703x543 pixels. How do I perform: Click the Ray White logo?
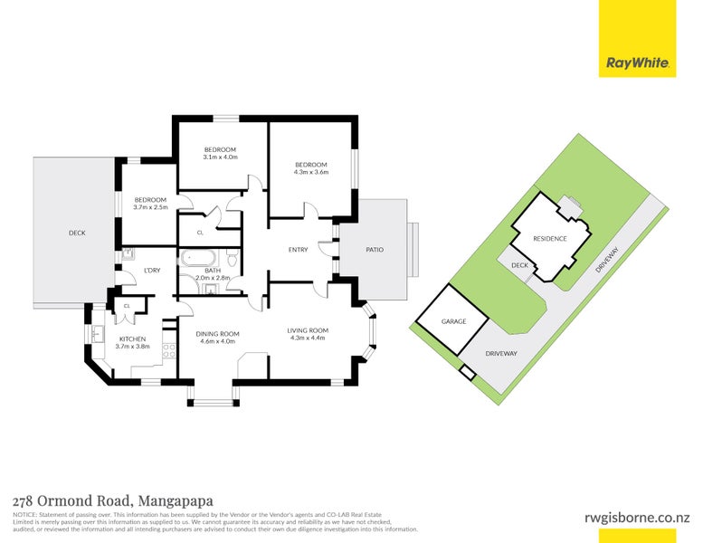click(x=637, y=63)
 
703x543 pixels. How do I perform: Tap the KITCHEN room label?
click(x=132, y=339)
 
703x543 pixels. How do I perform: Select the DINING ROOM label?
click(x=217, y=334)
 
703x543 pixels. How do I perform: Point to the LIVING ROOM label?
click(x=308, y=330)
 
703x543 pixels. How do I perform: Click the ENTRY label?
click(x=298, y=250)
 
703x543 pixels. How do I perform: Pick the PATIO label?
click(x=374, y=249)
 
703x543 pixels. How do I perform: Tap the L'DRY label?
click(x=152, y=270)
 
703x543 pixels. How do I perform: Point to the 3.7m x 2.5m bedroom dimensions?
click(x=151, y=207)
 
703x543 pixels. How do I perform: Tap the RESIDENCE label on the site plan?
click(x=549, y=239)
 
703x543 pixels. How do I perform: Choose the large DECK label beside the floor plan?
click(x=77, y=233)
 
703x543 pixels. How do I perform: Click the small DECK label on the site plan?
click(x=519, y=265)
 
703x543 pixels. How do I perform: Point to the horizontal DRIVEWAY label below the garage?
click(x=500, y=353)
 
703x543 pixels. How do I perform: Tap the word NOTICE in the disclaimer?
click(x=24, y=514)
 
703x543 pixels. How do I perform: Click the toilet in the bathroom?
click(x=232, y=261)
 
